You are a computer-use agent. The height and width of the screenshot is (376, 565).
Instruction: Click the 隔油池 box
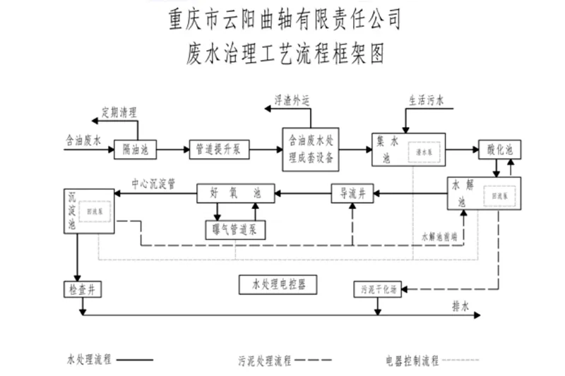(134, 149)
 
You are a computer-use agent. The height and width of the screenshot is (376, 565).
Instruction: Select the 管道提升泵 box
(219, 149)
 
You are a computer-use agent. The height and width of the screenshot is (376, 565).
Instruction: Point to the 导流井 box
(352, 193)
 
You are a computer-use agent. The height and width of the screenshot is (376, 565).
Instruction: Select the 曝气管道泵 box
(234, 229)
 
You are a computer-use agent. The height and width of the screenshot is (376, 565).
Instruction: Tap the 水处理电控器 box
(278, 284)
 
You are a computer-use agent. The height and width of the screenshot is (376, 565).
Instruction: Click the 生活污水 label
(427, 101)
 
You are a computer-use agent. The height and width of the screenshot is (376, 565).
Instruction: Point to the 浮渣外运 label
(292, 100)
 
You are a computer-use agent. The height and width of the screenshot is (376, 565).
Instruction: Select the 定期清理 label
(119, 111)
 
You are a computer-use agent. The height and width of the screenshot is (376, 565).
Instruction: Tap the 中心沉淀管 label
(153, 183)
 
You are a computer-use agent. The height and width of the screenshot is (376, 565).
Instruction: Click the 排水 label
(461, 304)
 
